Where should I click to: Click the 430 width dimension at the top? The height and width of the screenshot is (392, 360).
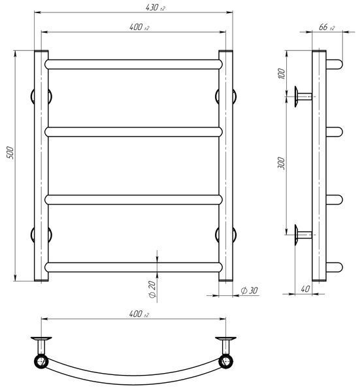(155, 7)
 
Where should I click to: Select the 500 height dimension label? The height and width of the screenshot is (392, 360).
(10, 153)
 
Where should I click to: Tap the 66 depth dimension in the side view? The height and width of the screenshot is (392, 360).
(327, 27)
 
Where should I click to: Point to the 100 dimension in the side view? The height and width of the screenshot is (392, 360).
(282, 73)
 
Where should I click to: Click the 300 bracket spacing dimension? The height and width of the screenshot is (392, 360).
(282, 163)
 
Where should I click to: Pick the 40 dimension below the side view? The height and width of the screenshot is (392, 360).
(305, 289)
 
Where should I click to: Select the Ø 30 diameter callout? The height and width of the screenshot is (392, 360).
(249, 291)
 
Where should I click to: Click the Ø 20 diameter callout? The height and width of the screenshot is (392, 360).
(152, 289)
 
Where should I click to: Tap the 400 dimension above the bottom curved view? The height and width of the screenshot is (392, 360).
(139, 314)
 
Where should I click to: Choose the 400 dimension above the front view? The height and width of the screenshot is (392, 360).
(139, 27)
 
